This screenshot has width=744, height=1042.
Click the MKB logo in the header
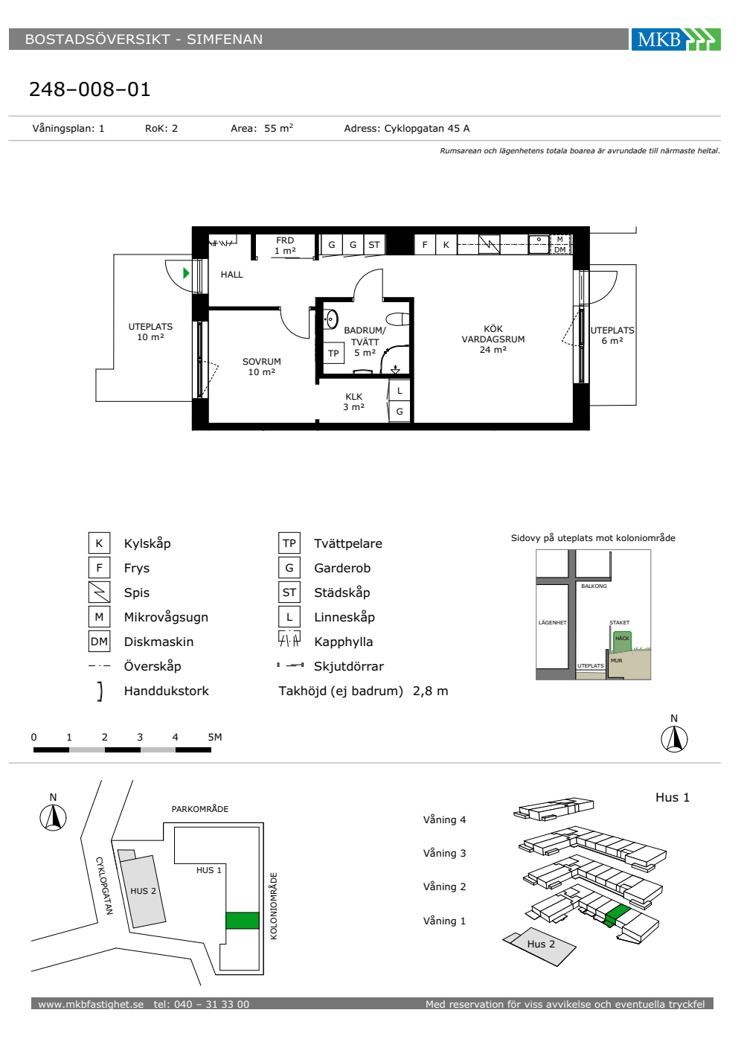pos(676,39)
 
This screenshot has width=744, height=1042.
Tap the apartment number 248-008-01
pos(90,89)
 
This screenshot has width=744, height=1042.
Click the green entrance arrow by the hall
pos(186,273)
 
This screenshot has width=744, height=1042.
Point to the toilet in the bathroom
pos(399,319)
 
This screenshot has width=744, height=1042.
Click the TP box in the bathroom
pos(333,353)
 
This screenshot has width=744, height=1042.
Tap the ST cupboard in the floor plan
pos(373,245)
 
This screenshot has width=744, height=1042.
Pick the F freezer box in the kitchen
pos(425,245)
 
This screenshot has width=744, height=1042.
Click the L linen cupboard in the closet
pos(400,391)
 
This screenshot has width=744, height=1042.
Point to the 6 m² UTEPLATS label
pos(612,336)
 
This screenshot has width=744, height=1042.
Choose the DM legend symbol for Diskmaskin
pos(99,642)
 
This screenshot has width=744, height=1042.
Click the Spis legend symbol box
pos(99,592)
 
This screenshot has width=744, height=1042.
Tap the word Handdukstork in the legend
pos(167,691)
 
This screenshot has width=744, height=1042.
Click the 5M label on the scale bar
pos(215,738)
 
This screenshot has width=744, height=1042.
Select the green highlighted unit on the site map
pos(243,921)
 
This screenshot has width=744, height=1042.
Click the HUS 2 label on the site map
pos(143,891)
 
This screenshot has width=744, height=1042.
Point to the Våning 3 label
pos(444,853)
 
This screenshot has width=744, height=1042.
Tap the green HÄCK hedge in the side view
pos(622,642)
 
